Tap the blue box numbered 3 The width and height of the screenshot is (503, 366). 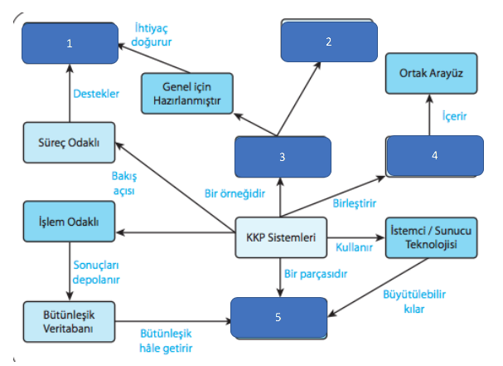click(283, 156)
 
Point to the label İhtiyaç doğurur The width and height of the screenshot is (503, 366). click(160, 32)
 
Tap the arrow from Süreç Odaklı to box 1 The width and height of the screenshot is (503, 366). click(70, 98)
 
